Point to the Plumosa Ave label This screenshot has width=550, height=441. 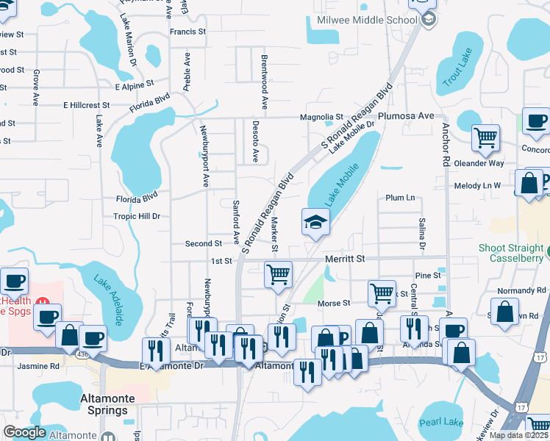(x=406, y=116)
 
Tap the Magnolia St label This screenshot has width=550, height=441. (x=321, y=117)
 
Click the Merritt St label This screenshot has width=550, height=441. (x=345, y=259)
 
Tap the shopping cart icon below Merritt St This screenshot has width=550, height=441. (x=278, y=275)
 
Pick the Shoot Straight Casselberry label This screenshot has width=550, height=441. (x=512, y=253)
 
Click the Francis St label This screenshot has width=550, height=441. (x=187, y=32)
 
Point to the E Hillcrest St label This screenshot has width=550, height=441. (x=86, y=105)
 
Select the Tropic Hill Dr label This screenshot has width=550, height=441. (x=137, y=217)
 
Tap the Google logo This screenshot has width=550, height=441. (x=24, y=432)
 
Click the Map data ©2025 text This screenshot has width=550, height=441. (x=518, y=435)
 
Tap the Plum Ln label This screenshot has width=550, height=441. (x=400, y=198)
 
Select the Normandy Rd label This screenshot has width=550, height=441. (x=522, y=290)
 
